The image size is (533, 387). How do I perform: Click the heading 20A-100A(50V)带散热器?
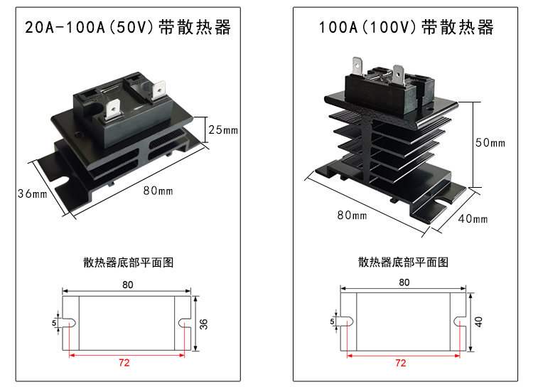(128, 28)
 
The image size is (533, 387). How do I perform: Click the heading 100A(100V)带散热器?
(406, 28)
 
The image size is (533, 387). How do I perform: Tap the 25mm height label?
(223, 130)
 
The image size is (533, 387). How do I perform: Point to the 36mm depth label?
(32, 193)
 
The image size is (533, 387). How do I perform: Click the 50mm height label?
(490, 142)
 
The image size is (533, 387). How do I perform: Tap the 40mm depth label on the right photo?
(473, 218)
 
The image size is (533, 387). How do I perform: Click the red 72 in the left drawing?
(124, 363)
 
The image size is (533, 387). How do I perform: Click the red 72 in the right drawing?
(400, 363)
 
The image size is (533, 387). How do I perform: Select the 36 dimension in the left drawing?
(204, 324)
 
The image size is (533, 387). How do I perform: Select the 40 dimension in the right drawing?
(479, 321)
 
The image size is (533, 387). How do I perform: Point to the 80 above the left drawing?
(128, 285)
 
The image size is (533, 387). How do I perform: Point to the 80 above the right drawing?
(404, 282)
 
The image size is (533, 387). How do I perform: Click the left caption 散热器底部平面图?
(128, 263)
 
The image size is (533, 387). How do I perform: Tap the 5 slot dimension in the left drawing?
(54, 322)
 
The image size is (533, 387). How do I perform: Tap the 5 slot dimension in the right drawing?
(331, 322)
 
